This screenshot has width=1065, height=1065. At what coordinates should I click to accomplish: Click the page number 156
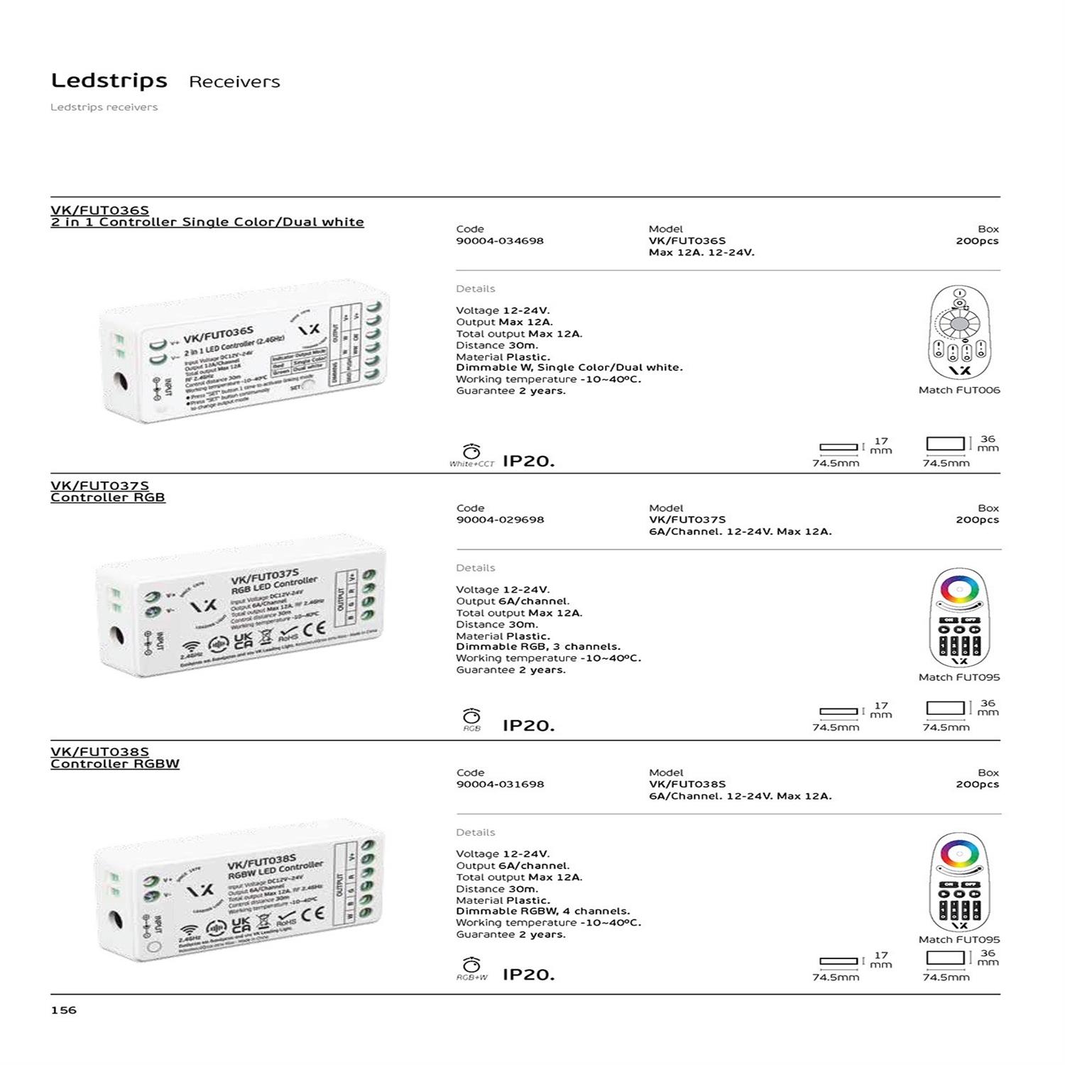click(x=63, y=1010)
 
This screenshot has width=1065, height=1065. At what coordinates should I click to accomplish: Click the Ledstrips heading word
click(x=109, y=81)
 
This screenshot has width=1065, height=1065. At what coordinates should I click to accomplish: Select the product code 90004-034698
click(x=499, y=241)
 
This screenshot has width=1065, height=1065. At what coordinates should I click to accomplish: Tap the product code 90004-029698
click(x=499, y=520)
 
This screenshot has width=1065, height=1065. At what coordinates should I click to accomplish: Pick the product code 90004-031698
click(x=499, y=785)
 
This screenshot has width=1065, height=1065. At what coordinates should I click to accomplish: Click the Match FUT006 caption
click(x=958, y=390)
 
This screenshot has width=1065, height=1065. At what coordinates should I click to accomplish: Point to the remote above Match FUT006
click(x=958, y=332)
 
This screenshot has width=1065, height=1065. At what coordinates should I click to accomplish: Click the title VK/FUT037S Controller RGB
click(x=107, y=491)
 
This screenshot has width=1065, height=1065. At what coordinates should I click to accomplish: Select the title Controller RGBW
click(x=114, y=764)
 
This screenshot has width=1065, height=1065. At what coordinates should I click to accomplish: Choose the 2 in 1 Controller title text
click(x=207, y=222)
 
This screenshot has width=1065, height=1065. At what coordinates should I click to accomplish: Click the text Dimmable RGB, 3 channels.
click(x=537, y=647)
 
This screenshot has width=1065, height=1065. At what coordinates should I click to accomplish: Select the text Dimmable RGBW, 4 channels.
click(x=542, y=911)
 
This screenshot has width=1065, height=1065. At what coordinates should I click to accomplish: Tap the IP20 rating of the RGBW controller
click(x=528, y=975)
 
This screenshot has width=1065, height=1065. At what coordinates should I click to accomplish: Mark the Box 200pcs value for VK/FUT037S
click(x=976, y=520)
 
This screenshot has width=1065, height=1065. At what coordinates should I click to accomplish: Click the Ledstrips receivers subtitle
click(x=104, y=107)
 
